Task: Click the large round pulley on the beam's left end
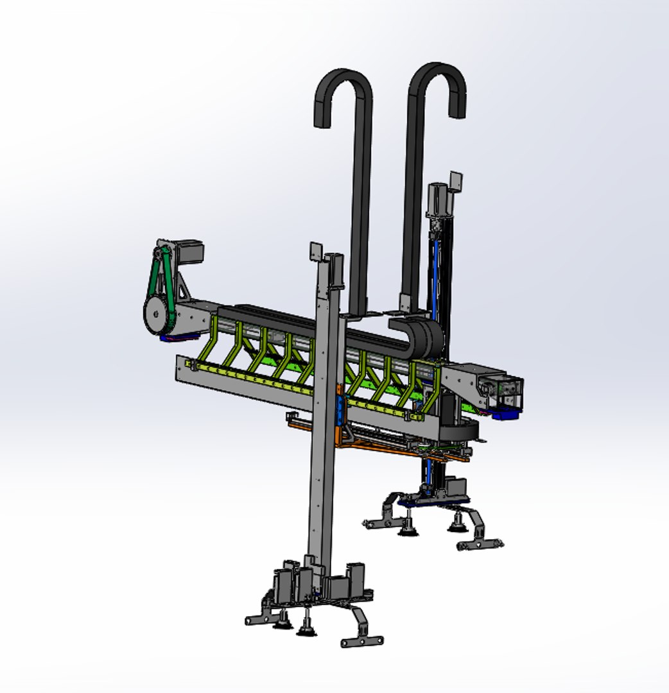click(x=155, y=314)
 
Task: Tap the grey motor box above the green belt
click(x=187, y=251)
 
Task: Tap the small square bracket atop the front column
click(x=316, y=251)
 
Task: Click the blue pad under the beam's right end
click(x=505, y=414)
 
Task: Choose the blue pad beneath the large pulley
click(x=172, y=338)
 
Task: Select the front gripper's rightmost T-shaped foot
click(x=362, y=640)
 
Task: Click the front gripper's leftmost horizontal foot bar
click(x=260, y=619)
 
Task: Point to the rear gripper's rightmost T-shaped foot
click(x=480, y=544)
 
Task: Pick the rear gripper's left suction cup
click(x=406, y=529)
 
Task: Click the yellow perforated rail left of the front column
click(x=250, y=379)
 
